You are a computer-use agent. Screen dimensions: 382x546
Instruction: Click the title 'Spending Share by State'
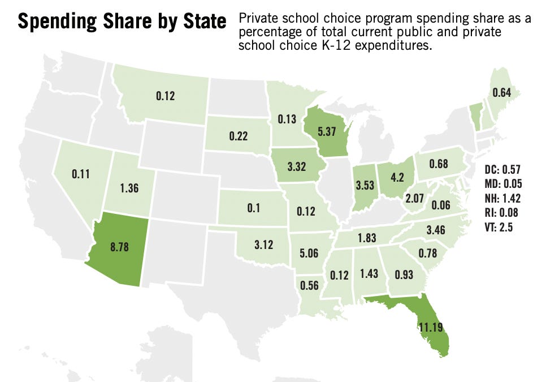point(122,22)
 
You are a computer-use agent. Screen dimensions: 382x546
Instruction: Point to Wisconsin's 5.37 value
point(327,131)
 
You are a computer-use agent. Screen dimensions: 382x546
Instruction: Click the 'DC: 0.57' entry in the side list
point(502,169)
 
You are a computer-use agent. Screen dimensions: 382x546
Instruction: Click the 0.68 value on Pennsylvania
point(438,164)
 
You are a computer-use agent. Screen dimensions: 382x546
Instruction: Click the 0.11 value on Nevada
point(81,175)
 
